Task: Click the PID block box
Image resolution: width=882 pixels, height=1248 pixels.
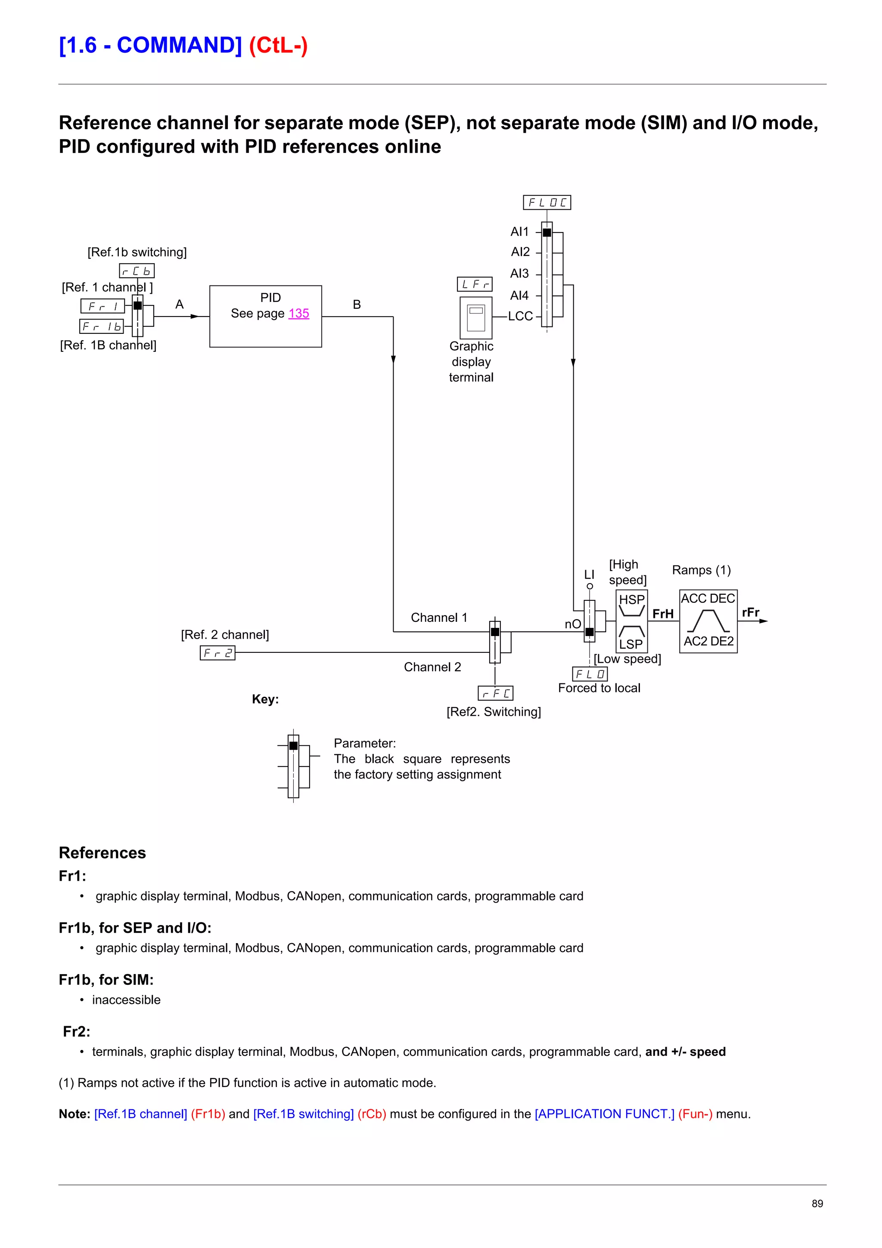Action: pos(265,317)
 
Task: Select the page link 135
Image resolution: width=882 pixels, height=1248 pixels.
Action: pos(298,314)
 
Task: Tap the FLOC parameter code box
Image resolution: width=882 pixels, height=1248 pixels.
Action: pos(547,203)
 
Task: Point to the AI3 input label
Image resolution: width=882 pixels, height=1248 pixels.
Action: pos(519,273)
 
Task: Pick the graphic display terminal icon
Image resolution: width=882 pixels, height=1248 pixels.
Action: pos(475,318)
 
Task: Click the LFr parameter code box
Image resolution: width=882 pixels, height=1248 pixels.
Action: pos(475,284)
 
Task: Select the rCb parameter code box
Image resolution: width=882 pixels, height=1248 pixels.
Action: pos(137,271)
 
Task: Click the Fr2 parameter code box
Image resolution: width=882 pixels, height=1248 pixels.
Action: pos(217,653)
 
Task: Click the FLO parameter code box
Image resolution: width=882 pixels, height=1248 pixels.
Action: pos(590,674)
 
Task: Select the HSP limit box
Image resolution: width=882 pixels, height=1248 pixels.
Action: pos(631,605)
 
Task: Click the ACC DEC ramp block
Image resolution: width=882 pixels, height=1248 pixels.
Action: pos(708,621)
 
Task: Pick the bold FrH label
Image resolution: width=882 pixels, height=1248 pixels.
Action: pos(662,614)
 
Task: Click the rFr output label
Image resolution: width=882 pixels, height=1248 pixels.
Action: pos(751,612)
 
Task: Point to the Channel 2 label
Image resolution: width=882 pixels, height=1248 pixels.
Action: pos(432,667)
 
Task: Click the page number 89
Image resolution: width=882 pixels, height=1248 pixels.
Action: pos(817,1203)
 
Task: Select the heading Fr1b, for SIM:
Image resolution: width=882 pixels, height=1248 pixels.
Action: pos(106,979)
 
